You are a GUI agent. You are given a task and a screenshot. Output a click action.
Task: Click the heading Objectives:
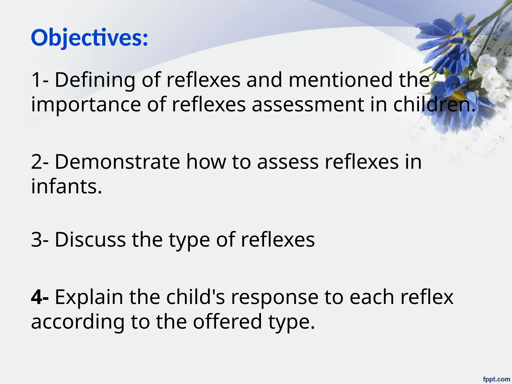point(89,38)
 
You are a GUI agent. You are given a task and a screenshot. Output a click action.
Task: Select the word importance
point(86,105)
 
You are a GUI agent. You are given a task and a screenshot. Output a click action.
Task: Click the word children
point(434,105)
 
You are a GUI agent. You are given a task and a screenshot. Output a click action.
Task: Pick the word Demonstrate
point(117,162)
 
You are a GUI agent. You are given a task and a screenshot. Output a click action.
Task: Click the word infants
point(66,187)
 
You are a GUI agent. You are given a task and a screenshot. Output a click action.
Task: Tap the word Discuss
point(90,240)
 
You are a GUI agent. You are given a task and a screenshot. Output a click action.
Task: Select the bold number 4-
point(40,297)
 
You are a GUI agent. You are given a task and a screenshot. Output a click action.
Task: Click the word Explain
point(89,297)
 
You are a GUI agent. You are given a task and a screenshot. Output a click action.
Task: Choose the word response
point(274,297)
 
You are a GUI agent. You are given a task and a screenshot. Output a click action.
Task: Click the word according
point(78,322)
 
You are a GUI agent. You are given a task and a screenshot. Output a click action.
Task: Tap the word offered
point(227,322)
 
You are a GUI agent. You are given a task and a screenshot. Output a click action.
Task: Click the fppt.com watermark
point(496,379)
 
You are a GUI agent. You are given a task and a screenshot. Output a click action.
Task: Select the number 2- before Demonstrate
point(40,162)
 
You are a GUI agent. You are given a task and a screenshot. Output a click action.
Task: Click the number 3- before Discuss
point(40,240)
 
